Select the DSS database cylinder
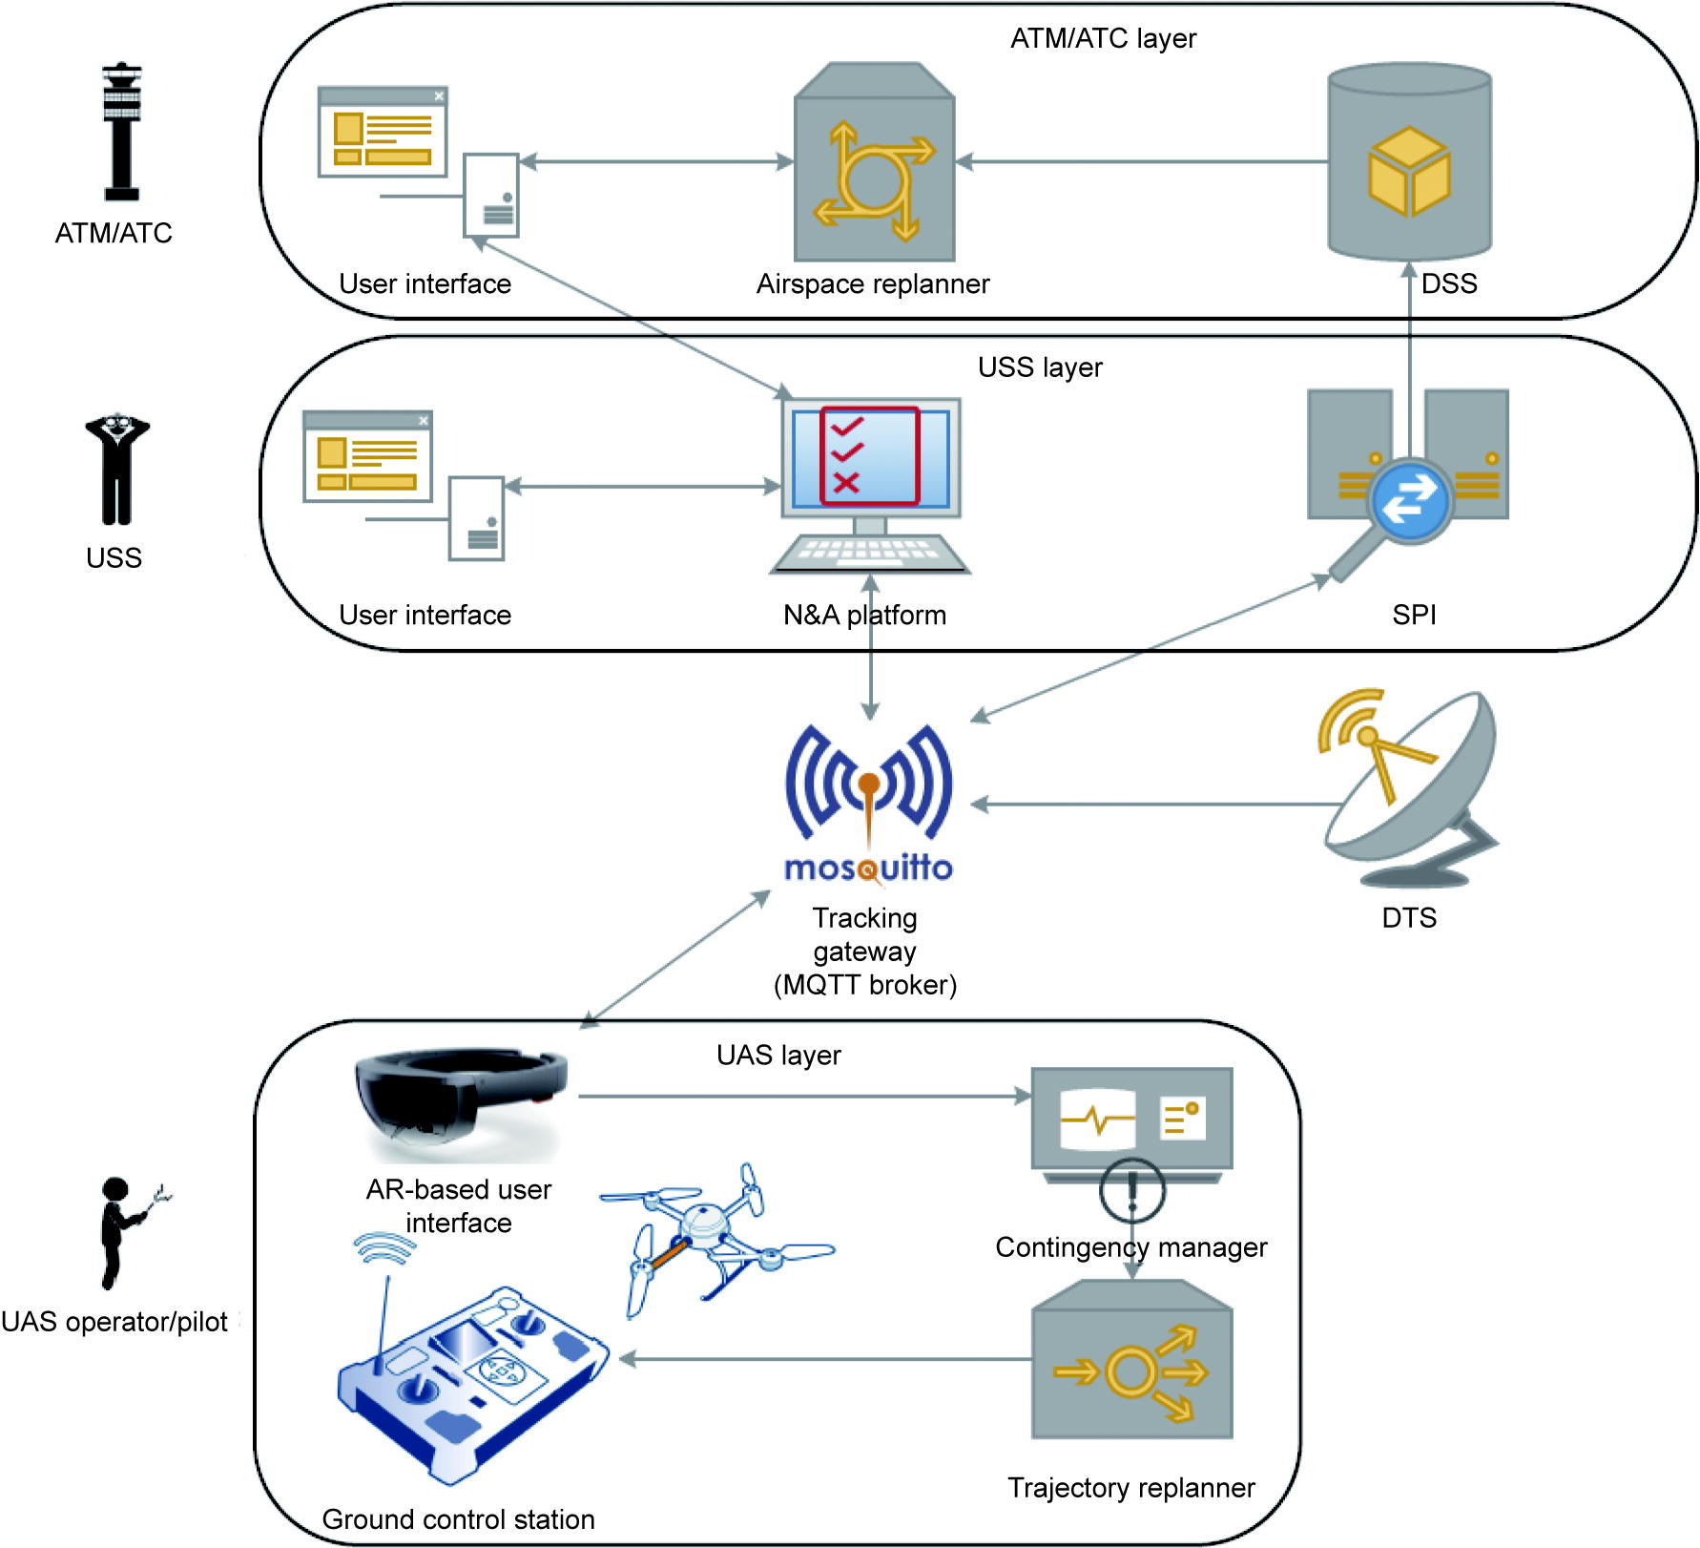tap(1409, 162)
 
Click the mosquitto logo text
tap(868, 868)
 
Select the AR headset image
tap(461, 1101)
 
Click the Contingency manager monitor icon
tap(1131, 1121)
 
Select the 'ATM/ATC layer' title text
tap(1103, 39)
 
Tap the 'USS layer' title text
tap(1040, 368)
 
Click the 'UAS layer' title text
tap(778, 1056)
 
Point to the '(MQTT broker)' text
tap(865, 985)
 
